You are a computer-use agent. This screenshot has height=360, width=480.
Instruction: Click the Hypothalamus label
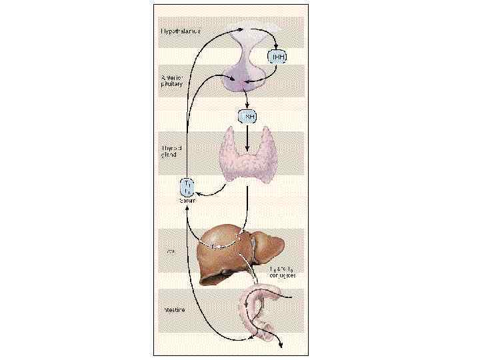point(181,31)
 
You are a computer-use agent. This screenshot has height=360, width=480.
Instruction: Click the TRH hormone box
point(277,57)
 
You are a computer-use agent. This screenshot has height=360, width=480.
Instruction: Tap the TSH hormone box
point(247,117)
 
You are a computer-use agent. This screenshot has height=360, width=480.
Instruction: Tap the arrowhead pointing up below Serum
point(187,207)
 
